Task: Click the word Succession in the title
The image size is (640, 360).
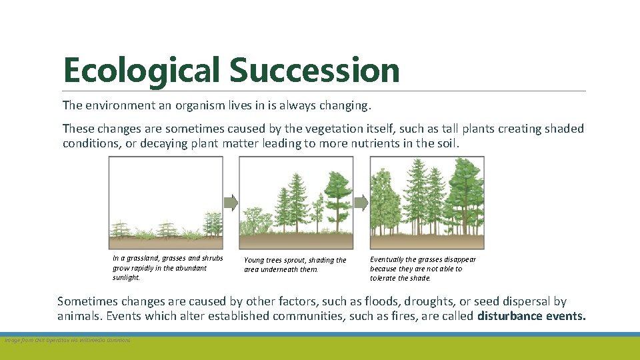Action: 314,71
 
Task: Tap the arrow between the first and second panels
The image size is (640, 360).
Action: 231,202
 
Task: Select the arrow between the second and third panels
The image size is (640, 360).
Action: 361,202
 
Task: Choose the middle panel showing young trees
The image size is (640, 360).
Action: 296,203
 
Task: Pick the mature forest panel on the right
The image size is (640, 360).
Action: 427,203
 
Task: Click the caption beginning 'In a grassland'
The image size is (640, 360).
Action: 167,267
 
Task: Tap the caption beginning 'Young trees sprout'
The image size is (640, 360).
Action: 295,265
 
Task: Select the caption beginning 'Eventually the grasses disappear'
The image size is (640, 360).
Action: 423,269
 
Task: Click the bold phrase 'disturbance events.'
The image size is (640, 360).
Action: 531,316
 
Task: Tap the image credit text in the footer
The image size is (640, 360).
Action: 67,341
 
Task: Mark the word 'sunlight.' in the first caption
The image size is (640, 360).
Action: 127,277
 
